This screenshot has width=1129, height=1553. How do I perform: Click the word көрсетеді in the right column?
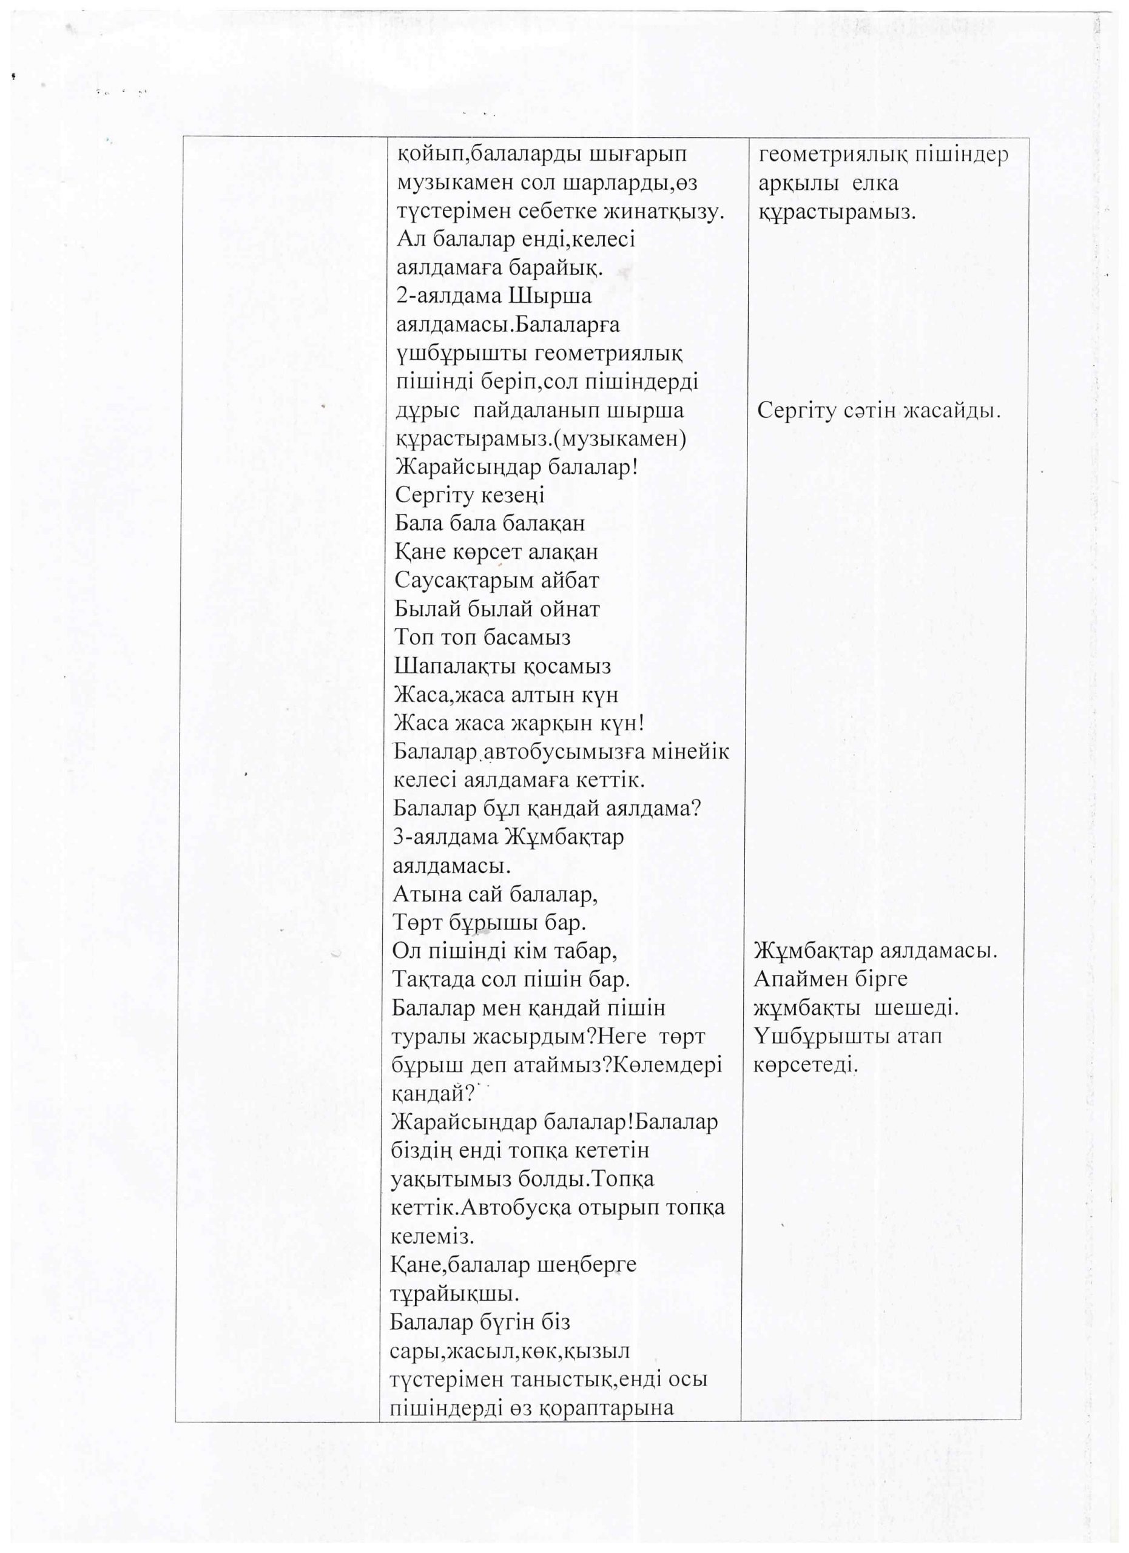tap(805, 1065)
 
